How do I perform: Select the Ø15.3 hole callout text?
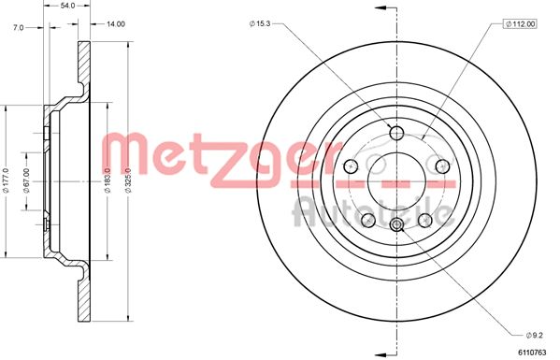pyautogui.click(x=261, y=22)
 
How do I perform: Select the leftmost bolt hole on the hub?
pyautogui.click(x=352, y=166)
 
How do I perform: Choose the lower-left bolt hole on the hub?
pyautogui.click(x=368, y=219)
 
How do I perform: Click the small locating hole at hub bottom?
pyautogui.click(x=396, y=223)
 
